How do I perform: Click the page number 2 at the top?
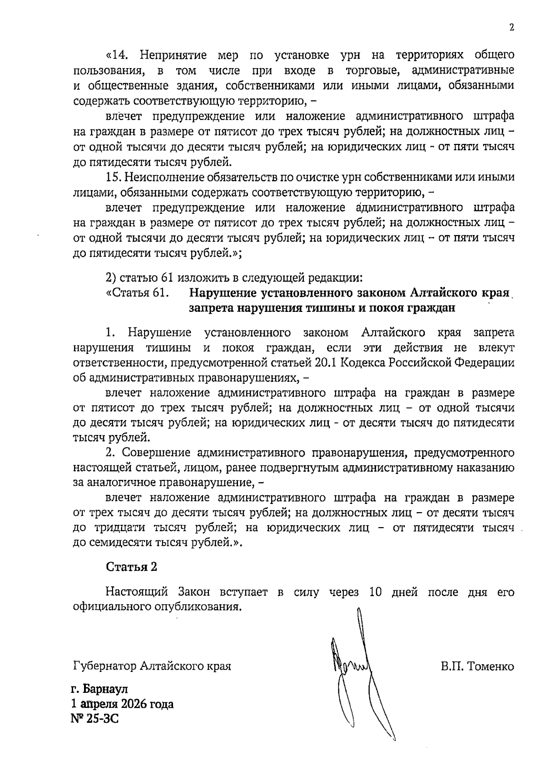click(x=512, y=28)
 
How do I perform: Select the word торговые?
click(x=372, y=70)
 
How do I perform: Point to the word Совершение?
click(x=157, y=453)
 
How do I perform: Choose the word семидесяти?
click(x=117, y=543)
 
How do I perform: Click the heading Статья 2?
click(x=131, y=567)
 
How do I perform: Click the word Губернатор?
click(x=104, y=666)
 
